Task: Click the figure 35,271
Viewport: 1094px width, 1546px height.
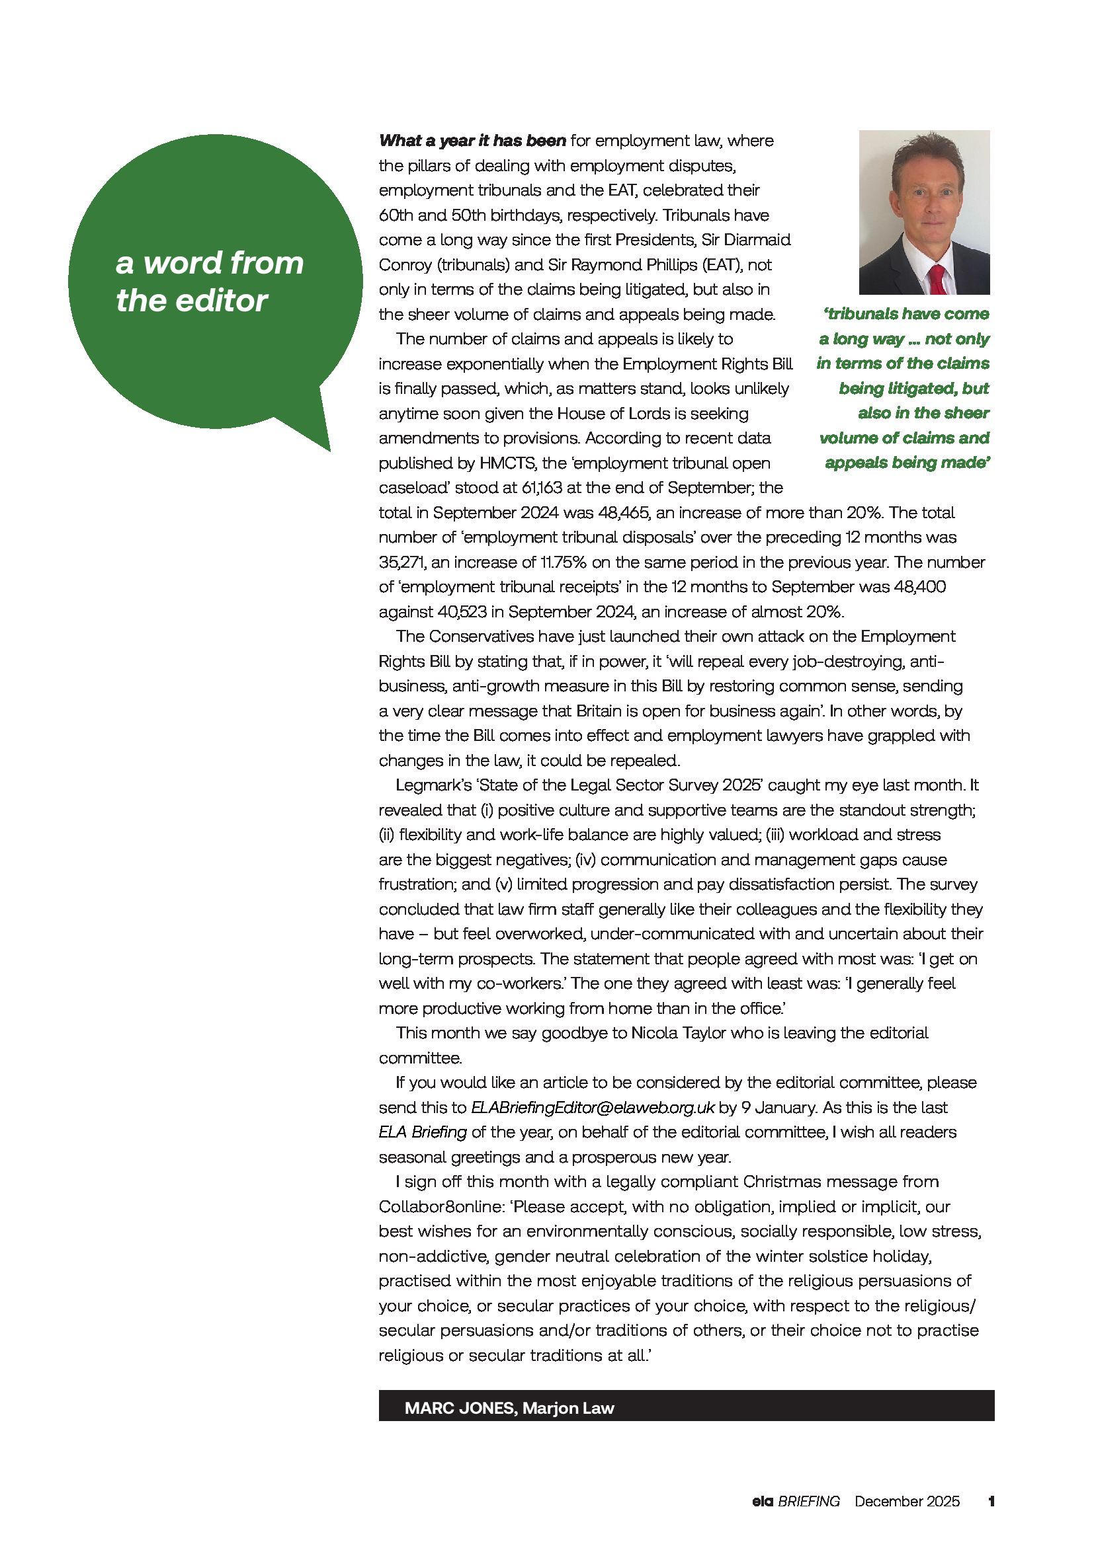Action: (x=400, y=562)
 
